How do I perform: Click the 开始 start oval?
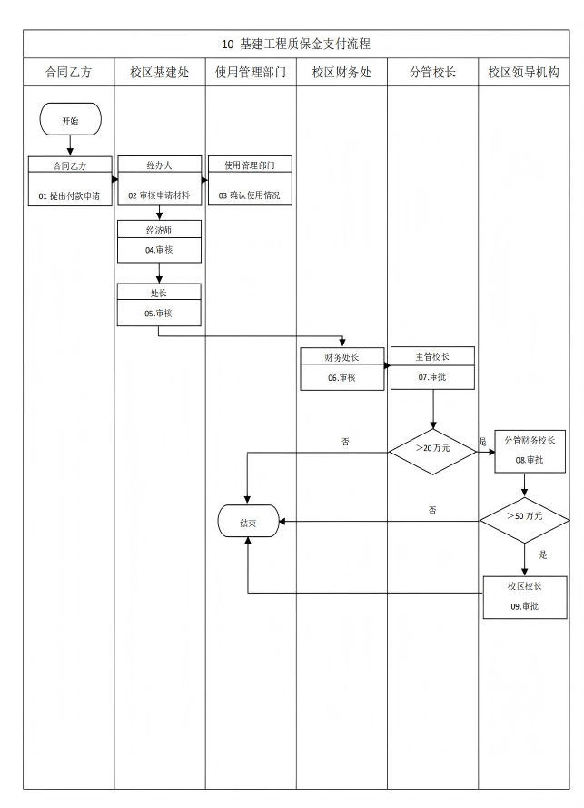[x=70, y=120]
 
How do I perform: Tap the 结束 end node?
[x=247, y=522]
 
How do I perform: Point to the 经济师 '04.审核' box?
[x=159, y=241]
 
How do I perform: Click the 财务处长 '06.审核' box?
[x=342, y=369]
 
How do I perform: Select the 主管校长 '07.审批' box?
[x=432, y=368]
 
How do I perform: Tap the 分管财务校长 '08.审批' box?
[x=529, y=451]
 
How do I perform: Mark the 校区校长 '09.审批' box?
[x=525, y=597]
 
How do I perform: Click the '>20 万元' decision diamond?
[x=432, y=448]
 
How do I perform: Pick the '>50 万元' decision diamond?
[x=524, y=516]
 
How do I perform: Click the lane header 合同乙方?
[x=68, y=73]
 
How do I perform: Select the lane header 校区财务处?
[x=341, y=73]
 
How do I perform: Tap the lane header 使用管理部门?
[x=251, y=73]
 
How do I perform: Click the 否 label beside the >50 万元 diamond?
[x=432, y=511]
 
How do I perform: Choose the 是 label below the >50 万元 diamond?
[x=543, y=554]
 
